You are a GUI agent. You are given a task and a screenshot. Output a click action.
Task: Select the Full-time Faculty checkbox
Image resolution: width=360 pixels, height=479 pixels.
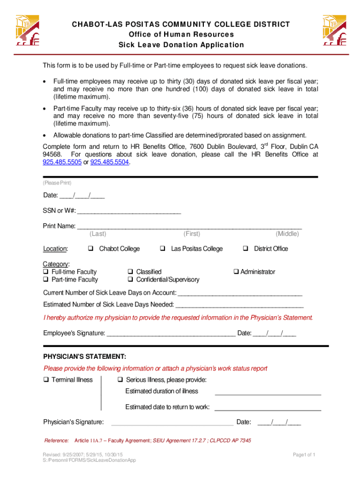tap(46, 272)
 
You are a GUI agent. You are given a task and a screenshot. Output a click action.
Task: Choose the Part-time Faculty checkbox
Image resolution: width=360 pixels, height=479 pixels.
tap(46, 280)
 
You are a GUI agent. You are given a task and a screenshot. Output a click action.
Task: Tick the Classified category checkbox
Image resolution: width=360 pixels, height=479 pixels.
tap(130, 272)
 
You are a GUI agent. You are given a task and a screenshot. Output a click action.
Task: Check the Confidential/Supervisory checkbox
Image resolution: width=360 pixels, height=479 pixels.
tap(130, 280)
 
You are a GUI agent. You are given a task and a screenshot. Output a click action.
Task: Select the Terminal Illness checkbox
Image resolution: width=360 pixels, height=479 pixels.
tap(46, 380)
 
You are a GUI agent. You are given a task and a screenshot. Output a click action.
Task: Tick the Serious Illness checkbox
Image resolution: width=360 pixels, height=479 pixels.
tap(120, 380)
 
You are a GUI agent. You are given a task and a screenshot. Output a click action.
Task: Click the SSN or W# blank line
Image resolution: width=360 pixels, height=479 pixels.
tap(129, 212)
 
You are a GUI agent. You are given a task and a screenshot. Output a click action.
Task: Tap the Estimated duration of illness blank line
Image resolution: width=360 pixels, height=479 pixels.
tap(267, 394)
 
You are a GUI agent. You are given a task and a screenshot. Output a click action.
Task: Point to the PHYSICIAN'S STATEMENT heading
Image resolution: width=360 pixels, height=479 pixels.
tap(85, 356)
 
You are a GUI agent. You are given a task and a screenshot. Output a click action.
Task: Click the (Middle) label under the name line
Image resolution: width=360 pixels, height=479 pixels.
tap(287, 234)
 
